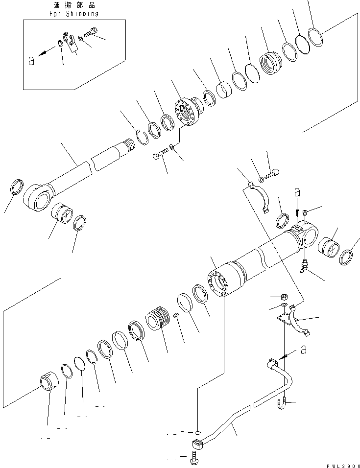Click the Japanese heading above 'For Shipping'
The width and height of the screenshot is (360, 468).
(x=74, y=5)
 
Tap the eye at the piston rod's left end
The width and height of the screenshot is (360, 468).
(x=37, y=199)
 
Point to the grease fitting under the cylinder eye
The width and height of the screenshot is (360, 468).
(x=304, y=265)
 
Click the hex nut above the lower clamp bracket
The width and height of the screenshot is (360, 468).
(x=284, y=297)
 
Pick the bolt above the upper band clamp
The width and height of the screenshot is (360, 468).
(x=272, y=173)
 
